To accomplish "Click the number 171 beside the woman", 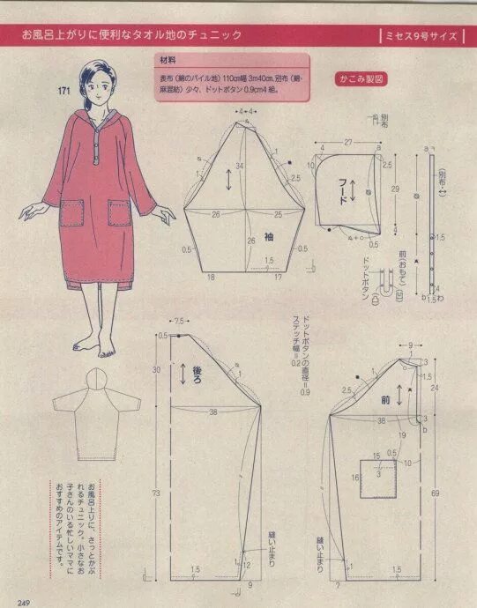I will pos(64,92).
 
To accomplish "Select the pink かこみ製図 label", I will pos(360,78).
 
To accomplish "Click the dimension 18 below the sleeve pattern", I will pos(211,278).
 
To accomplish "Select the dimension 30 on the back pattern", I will pos(155,370).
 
